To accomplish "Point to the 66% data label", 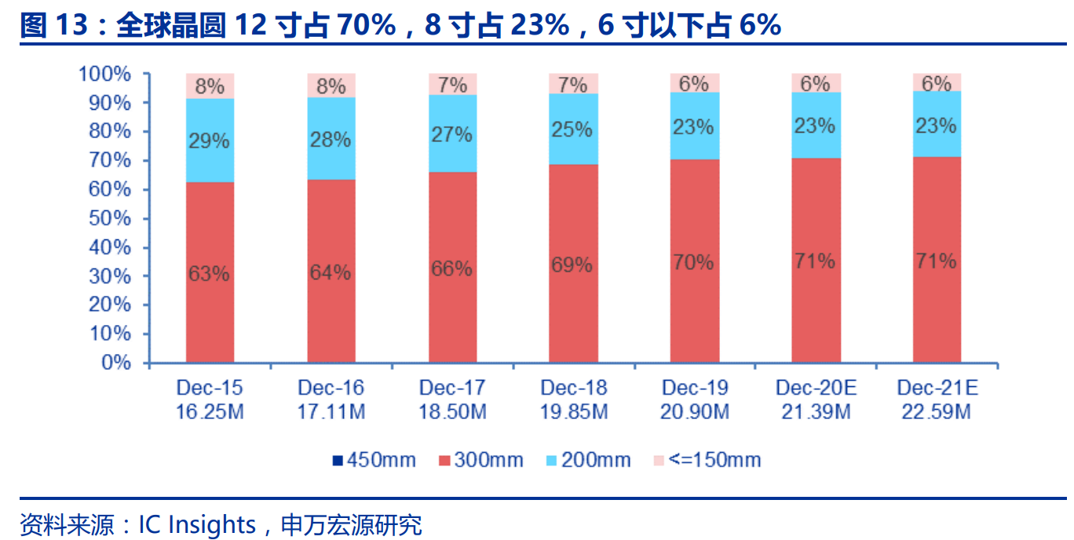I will coord(451,268).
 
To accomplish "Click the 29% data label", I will coord(209,141).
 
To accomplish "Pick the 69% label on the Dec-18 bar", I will coord(572,265).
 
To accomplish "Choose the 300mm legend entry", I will coord(480,460).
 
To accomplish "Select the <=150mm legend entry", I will coord(707,460).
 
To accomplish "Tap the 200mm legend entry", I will coord(589,460).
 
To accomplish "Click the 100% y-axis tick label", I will coord(104,75).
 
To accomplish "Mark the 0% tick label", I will coord(116,363).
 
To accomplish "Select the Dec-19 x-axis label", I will coord(695,388).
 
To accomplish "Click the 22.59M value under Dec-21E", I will coord(937,411).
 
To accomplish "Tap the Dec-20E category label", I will coord(816,388).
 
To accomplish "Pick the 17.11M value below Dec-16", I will coord(331,411).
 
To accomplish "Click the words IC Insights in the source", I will coord(197,524).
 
